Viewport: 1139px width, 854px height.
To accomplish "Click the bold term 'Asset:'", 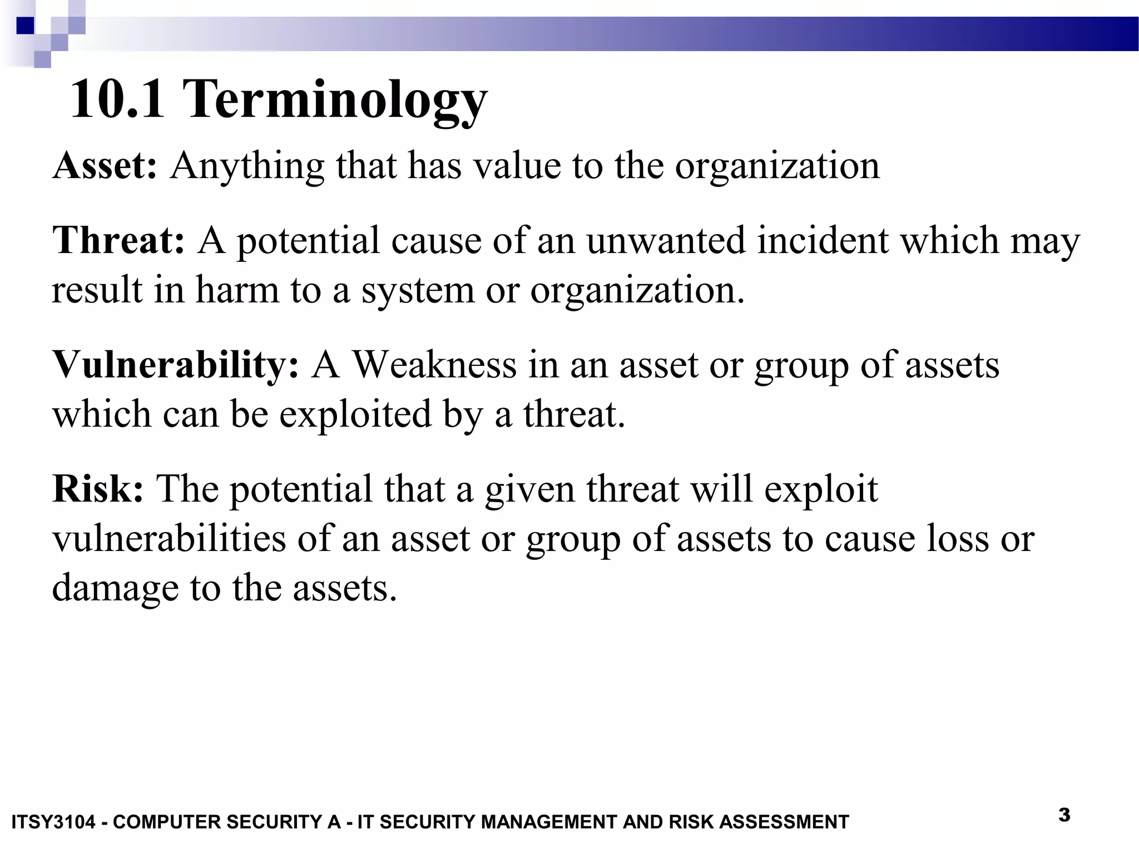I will coord(105,166).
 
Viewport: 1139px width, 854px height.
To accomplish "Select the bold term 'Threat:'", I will coord(118,240).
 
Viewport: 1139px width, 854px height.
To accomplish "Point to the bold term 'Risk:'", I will coord(98,489).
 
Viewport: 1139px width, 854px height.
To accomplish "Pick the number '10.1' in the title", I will coord(117,99).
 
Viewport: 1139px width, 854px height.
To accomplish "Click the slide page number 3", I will coord(1064,815).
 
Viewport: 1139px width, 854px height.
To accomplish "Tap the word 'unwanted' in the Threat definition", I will coord(665,240).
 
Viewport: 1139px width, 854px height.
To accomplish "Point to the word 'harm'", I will coord(237,290).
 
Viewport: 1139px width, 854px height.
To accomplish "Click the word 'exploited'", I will coord(355,414).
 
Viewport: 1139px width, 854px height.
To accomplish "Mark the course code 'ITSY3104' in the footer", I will coord(53,822).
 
